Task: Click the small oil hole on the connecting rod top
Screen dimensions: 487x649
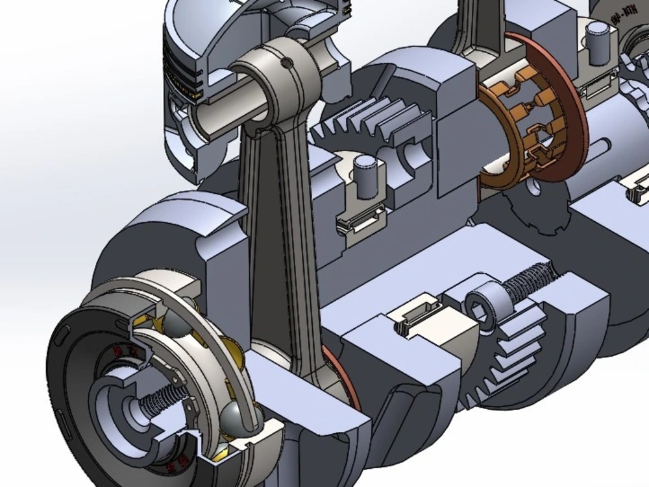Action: click(286, 63)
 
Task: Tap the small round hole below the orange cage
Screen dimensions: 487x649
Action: click(533, 188)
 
